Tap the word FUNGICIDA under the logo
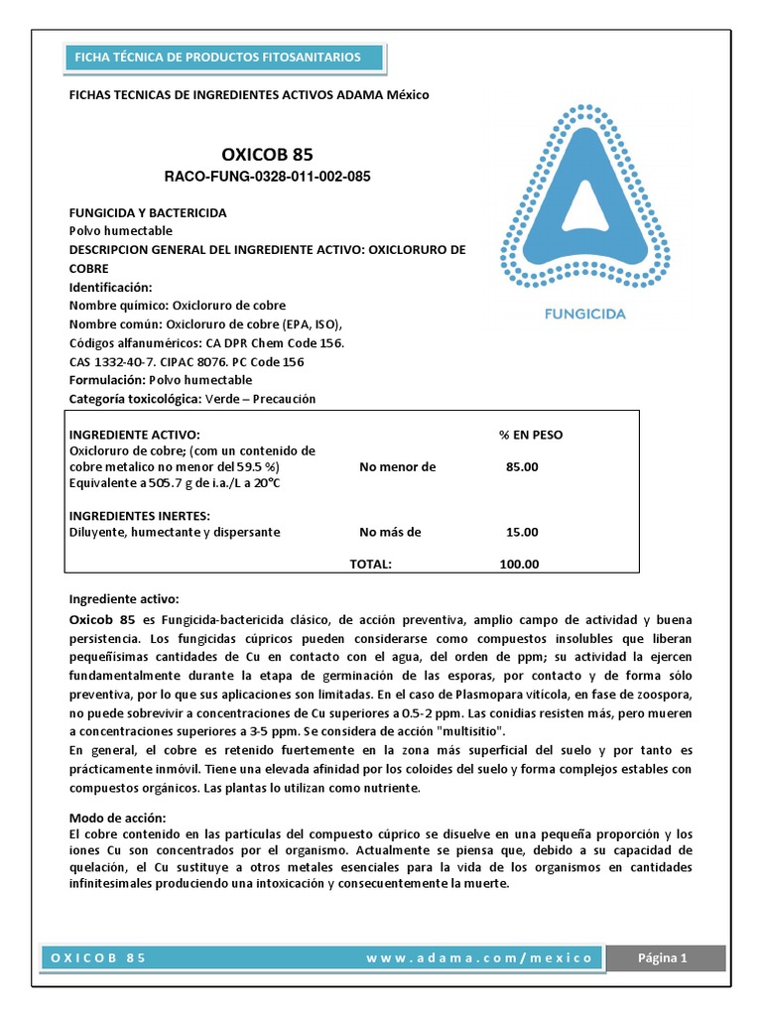pyautogui.click(x=585, y=315)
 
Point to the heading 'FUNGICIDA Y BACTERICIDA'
pyautogui.click(x=147, y=212)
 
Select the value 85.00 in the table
pyautogui.click(x=522, y=466)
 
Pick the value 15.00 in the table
pyautogui.click(x=522, y=532)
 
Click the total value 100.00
pyautogui.click(x=519, y=564)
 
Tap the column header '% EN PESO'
pyautogui.click(x=530, y=435)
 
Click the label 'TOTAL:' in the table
pyautogui.click(x=370, y=564)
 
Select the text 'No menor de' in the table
pyautogui.click(x=397, y=466)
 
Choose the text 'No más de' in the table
pyautogui.click(x=390, y=532)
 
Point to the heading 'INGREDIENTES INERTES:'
pyautogui.click(x=138, y=515)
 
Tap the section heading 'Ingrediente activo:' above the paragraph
pyautogui.click(x=123, y=599)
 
